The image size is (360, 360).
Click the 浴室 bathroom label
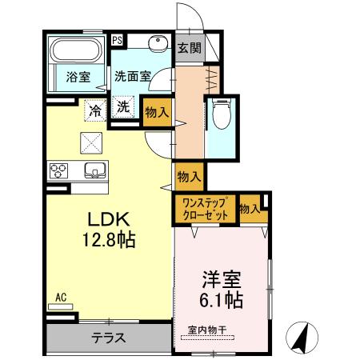(x=77, y=78)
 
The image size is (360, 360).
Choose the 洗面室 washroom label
(x=132, y=78)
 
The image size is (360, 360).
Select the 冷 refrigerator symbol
(x=96, y=109)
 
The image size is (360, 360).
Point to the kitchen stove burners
(x=60, y=169)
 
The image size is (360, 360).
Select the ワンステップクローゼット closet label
(x=205, y=209)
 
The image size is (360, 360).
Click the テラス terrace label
(x=108, y=337)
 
